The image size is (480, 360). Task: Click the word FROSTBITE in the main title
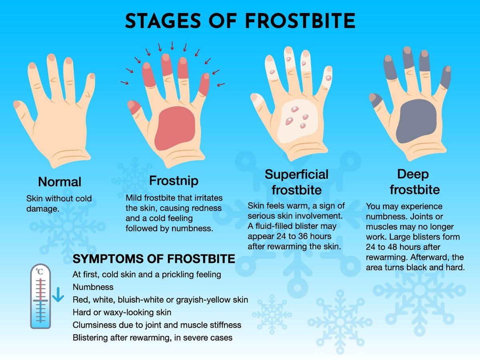click(300, 21)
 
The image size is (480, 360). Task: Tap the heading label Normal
click(60, 182)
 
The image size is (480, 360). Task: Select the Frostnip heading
click(174, 181)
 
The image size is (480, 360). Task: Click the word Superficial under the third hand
click(296, 175)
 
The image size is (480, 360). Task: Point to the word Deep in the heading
click(413, 175)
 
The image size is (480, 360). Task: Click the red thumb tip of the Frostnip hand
click(134, 107)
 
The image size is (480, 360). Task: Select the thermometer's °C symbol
click(39, 272)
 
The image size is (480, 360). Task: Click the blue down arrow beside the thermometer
click(58, 294)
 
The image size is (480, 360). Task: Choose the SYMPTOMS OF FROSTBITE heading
click(154, 259)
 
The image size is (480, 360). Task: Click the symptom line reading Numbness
click(93, 287)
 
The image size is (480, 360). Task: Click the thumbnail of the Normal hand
click(17, 104)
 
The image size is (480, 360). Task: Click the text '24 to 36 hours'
click(304, 236)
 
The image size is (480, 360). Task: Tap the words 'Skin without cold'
click(59, 198)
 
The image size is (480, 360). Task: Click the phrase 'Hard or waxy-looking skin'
click(122, 312)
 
